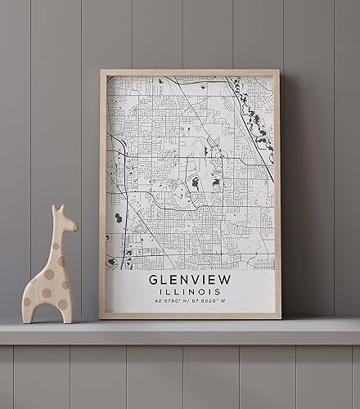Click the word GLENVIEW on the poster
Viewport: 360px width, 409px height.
point(190,280)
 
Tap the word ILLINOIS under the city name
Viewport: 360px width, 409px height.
point(190,293)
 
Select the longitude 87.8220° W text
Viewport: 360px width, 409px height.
point(212,303)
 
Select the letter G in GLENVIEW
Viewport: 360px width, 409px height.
point(153,280)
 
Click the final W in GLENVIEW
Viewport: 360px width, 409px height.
point(227,280)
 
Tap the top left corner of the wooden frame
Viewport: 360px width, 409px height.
point(101,72)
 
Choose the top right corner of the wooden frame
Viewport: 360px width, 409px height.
point(280,72)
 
